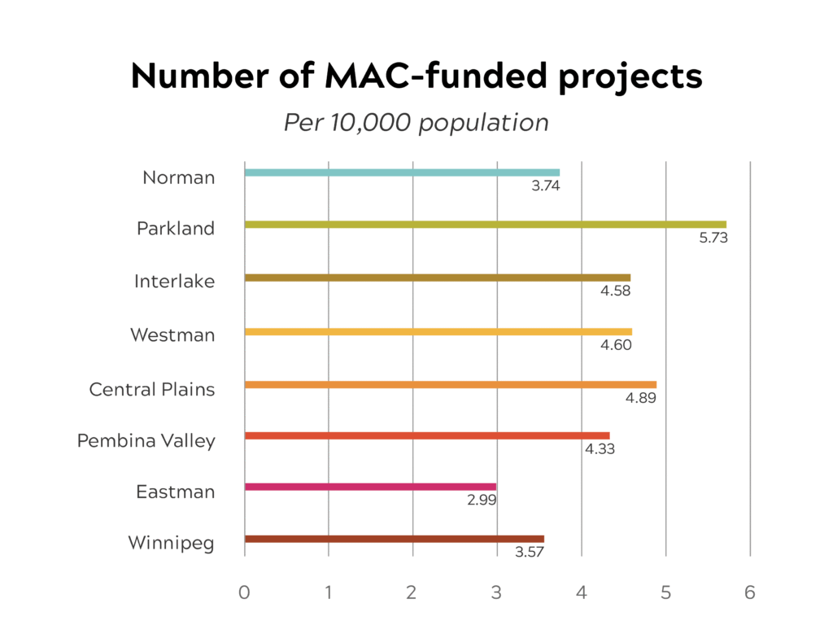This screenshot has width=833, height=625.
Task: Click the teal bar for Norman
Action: coord(402,173)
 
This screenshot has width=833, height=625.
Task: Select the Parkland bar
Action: coord(485,225)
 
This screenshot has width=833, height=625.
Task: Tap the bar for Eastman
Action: coord(370,487)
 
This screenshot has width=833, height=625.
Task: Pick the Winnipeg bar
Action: coord(394,539)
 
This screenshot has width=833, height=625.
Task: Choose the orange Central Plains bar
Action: coord(450,384)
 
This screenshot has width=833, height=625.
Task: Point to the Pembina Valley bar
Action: coord(426,435)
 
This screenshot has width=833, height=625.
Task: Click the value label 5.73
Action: coord(713,238)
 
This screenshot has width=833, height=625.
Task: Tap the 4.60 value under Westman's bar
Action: coord(617,345)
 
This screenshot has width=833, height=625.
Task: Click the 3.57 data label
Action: coord(530,553)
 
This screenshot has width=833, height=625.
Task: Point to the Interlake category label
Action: coord(175,282)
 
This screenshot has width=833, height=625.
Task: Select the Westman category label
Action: coord(172,334)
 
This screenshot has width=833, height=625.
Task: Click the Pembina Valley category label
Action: coord(146,441)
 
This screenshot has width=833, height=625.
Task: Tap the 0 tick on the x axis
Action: coord(244,592)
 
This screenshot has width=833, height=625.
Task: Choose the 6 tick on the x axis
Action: coord(750,592)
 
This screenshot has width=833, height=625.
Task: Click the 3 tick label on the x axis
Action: coord(496,592)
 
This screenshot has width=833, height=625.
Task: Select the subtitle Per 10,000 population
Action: coord(416,123)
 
